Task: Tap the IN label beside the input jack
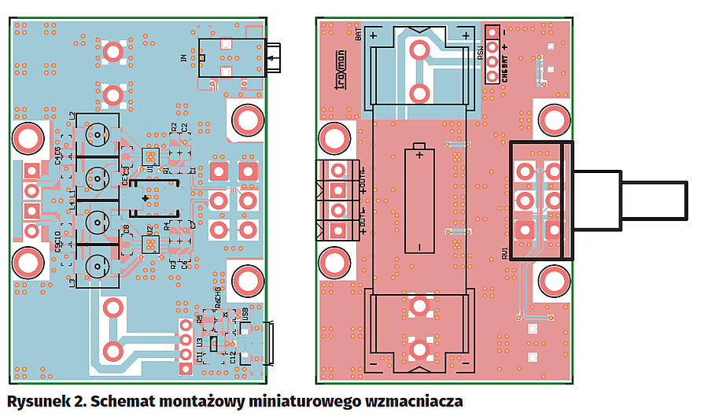pyautogui.click(x=184, y=57)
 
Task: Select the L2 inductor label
pyautogui.click(x=72, y=116)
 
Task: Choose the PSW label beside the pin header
pyautogui.click(x=480, y=54)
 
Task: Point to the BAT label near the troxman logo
pyautogui.click(x=359, y=35)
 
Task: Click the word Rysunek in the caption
pyautogui.click(x=38, y=401)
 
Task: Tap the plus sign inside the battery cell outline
pyautogui.click(x=419, y=155)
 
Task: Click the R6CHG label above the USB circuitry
pyautogui.click(x=218, y=301)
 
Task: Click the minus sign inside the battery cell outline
pyautogui.click(x=419, y=246)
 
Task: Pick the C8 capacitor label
pyautogui.click(x=126, y=230)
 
